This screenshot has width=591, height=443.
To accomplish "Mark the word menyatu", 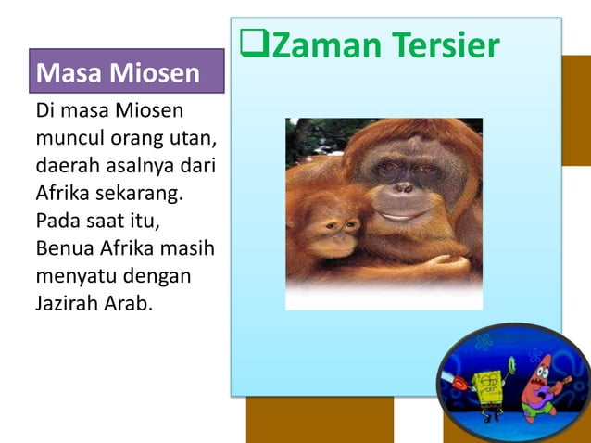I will (74, 277).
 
